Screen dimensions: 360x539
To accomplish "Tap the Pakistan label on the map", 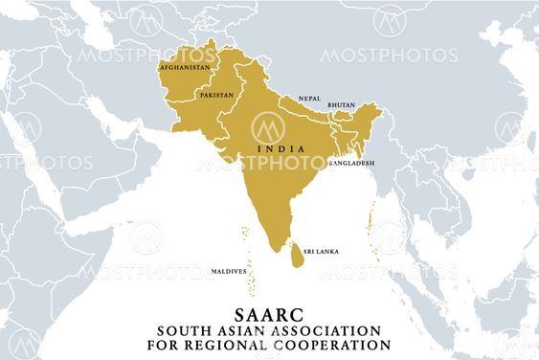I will tap(215, 96).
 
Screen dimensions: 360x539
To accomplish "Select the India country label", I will tap(281, 148).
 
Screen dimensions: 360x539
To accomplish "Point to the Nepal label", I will tap(309, 98).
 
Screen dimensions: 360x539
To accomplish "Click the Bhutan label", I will tap(341, 104).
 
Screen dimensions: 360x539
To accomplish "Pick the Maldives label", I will tap(228, 273).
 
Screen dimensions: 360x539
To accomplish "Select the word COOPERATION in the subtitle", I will tap(342, 345).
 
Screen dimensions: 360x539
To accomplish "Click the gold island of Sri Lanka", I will tap(298, 255).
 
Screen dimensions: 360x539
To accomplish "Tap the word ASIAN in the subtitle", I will tap(250, 330).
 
